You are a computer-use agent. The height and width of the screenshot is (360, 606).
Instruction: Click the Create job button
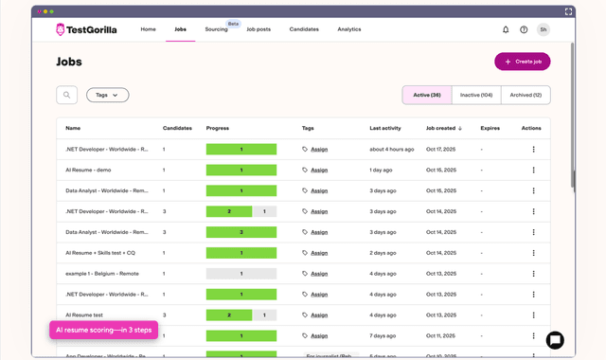tap(522, 62)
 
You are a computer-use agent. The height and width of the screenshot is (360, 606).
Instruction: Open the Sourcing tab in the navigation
tap(216, 29)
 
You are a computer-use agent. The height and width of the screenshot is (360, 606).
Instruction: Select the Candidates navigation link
tap(304, 29)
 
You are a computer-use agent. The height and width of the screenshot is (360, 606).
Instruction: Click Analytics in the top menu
tap(348, 29)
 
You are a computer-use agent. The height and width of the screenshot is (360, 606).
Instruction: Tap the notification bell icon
tap(506, 29)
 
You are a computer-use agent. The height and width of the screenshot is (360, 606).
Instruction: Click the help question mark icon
tap(524, 29)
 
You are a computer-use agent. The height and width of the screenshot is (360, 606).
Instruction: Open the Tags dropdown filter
tap(107, 95)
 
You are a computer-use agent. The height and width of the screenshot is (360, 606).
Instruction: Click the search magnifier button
tap(66, 95)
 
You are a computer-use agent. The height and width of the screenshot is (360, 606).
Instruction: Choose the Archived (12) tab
tap(526, 95)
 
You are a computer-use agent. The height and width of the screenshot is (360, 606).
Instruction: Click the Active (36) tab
tap(427, 95)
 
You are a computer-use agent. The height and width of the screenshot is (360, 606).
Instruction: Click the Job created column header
tap(444, 128)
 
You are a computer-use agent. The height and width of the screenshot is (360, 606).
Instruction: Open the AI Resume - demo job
tap(89, 170)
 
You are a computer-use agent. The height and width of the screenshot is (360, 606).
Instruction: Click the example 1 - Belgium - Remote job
tap(102, 274)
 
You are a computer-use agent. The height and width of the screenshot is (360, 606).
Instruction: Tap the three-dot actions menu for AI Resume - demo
tap(533, 170)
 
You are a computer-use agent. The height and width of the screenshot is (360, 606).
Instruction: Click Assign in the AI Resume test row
tap(319, 315)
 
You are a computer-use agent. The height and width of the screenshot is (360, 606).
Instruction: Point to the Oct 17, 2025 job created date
tap(441, 149)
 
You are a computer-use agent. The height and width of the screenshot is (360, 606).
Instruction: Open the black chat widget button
tap(555, 340)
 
